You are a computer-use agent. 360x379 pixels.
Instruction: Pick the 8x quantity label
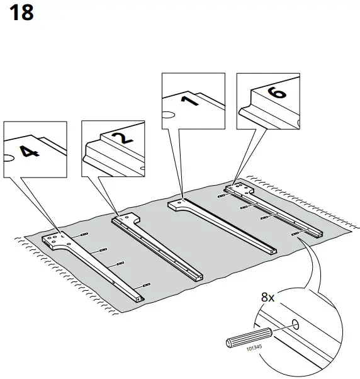(269, 295)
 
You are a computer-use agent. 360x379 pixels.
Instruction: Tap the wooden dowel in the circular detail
(248, 336)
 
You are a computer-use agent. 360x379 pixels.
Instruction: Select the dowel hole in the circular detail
(295, 325)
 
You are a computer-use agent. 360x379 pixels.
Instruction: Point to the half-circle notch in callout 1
(167, 115)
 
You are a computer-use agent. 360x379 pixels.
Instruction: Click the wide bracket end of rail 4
(55, 240)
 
